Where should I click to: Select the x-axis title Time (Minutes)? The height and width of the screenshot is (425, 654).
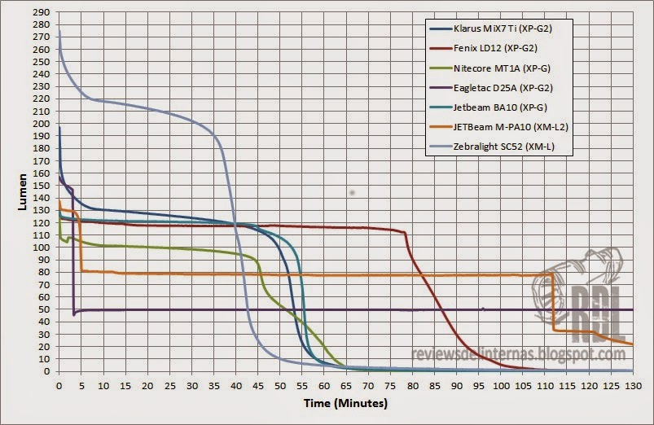click(346, 403)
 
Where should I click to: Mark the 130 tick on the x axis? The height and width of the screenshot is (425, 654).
click(632, 383)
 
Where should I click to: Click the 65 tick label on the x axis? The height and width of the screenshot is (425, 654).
click(345, 383)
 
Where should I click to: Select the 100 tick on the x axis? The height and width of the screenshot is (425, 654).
click(500, 383)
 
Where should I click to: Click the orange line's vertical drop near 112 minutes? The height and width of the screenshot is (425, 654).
click(553, 301)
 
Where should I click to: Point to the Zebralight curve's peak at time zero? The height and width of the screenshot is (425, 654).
click(59, 31)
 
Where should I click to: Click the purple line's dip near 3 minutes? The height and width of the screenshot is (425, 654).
click(73, 313)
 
